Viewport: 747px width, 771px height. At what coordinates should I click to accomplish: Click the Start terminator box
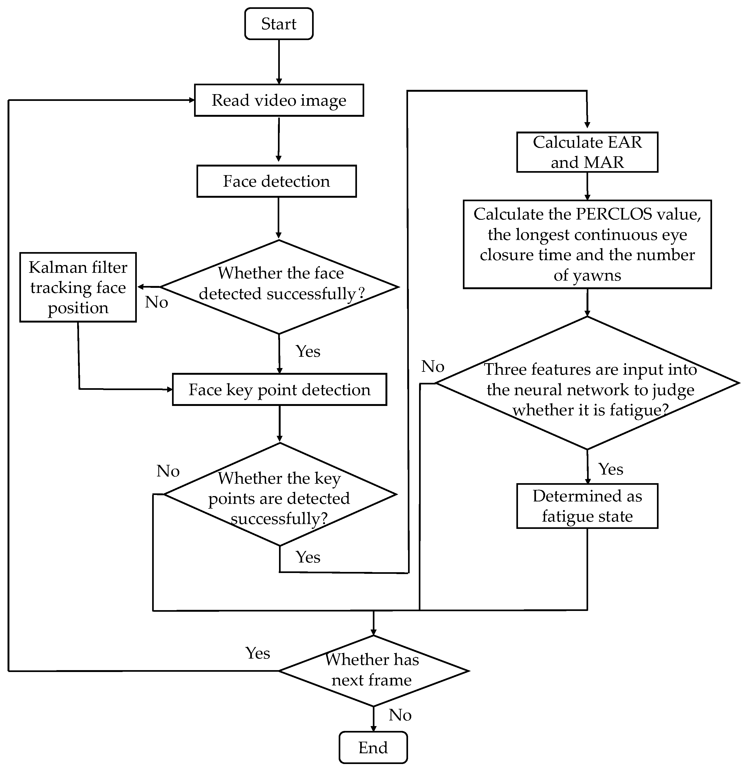278,24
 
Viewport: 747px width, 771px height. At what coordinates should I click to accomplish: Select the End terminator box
373,747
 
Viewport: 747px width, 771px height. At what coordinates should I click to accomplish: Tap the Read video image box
278,100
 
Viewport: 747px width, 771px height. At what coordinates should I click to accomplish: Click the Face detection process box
276,181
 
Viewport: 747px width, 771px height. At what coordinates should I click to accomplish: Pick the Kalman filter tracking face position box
78,287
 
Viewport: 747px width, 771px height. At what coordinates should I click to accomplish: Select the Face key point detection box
279,390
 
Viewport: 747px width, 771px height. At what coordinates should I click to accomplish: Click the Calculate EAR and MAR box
587,152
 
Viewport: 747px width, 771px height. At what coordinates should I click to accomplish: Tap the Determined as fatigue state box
587,506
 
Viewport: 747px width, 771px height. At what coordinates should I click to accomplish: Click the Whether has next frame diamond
373,671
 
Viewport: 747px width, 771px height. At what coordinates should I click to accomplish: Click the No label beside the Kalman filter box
156,302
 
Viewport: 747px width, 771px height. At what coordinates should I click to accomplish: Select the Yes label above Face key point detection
308,351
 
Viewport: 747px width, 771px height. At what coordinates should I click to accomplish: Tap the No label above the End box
400,715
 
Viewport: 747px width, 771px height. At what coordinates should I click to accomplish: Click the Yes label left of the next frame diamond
258,653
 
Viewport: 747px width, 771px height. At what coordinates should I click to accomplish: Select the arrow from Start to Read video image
279,61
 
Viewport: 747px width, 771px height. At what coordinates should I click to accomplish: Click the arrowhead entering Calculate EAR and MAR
587,125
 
